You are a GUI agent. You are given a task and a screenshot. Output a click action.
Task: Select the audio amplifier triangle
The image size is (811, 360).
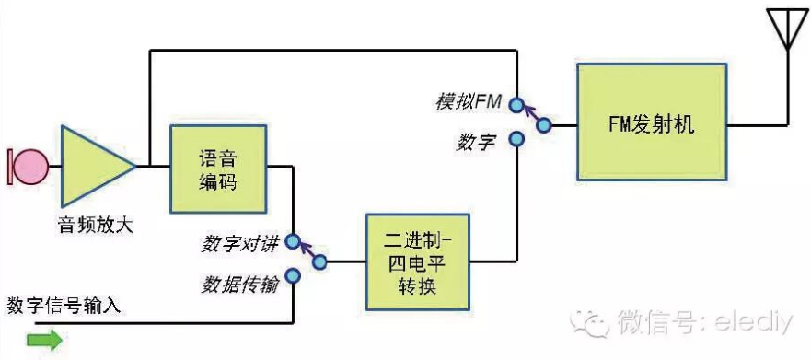[x=95, y=167]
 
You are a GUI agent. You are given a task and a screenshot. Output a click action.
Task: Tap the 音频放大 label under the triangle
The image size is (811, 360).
[x=95, y=224]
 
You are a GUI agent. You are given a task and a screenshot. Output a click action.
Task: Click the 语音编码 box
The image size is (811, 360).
[x=218, y=168]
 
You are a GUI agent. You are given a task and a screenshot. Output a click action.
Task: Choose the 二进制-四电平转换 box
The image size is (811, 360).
[x=418, y=261]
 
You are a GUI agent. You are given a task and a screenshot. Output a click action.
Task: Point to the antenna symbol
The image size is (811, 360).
[x=785, y=30]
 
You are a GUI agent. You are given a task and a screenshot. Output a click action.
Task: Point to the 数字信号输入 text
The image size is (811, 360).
[x=64, y=305]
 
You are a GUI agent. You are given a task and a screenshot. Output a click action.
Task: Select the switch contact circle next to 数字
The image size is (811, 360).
[x=517, y=139]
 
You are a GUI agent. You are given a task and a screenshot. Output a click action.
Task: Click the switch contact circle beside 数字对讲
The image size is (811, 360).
[x=293, y=242]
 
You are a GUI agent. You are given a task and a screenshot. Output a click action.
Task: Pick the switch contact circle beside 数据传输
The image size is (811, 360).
[x=293, y=275]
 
